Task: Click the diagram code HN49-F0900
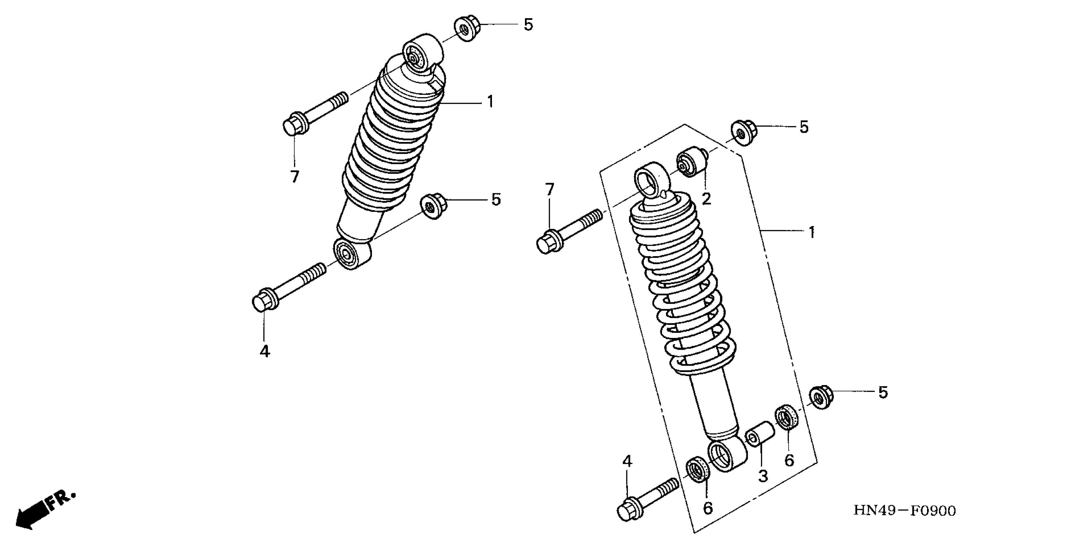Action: pyautogui.click(x=904, y=511)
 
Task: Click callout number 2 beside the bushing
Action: pyautogui.click(x=706, y=199)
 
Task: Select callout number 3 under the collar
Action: pyautogui.click(x=763, y=476)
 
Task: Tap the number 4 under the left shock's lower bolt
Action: pyautogui.click(x=264, y=351)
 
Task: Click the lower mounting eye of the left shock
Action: pyautogui.click(x=351, y=254)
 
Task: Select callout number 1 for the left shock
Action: pyautogui.click(x=490, y=102)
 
